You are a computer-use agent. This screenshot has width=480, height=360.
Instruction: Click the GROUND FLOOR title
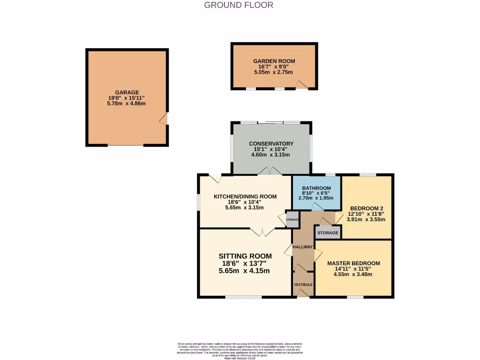click(239, 5)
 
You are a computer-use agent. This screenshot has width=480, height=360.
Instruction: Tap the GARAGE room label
click(127, 92)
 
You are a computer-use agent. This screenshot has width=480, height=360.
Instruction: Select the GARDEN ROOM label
click(274, 61)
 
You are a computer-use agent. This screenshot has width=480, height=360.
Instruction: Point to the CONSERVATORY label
click(271, 143)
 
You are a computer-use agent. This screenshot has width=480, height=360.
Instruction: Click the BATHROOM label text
click(316, 188)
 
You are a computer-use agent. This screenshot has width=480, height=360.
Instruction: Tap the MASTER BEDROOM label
click(353, 263)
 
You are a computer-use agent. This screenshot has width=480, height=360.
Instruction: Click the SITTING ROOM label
click(245, 256)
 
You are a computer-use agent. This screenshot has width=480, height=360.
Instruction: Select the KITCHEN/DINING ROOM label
click(245, 196)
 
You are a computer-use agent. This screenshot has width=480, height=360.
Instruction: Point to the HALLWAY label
click(302, 247)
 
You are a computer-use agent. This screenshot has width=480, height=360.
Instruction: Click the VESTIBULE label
click(303, 285)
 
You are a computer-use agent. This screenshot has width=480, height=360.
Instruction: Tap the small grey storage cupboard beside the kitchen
click(292, 220)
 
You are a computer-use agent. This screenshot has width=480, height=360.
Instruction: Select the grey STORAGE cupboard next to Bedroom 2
click(328, 232)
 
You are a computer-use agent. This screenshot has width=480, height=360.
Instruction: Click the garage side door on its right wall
click(164, 119)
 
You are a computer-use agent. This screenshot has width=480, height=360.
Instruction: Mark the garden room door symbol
click(302, 85)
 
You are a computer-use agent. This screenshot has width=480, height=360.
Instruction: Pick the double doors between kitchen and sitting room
click(262, 231)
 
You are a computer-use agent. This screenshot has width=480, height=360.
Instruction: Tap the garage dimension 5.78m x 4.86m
click(127, 103)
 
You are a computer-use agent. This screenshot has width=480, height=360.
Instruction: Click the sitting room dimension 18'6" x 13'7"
click(244, 263)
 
